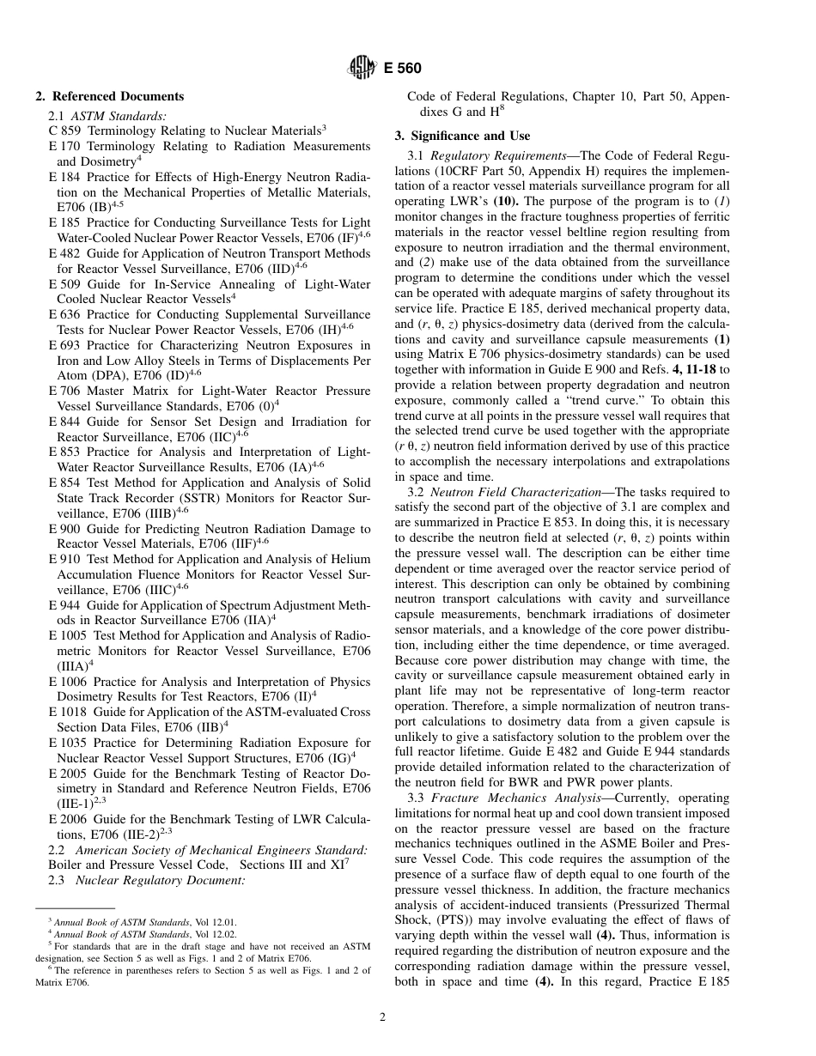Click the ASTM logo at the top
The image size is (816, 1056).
pos(357,68)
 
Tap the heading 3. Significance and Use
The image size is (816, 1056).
pos(462,136)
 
